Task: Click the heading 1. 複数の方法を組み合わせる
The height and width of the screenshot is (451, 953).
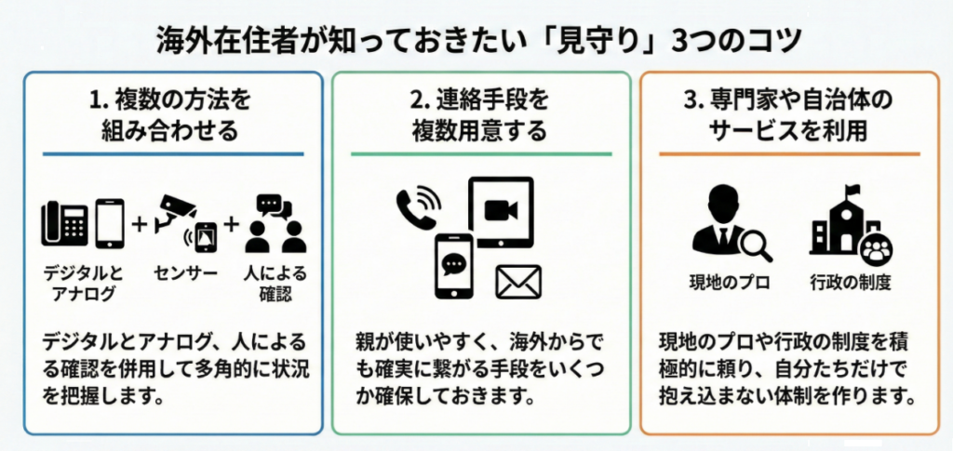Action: pos(173,114)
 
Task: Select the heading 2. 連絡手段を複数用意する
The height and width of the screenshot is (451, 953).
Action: pos(480,114)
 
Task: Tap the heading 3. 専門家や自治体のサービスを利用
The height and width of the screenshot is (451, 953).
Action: pos(788,114)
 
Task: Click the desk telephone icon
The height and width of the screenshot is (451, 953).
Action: pos(64,223)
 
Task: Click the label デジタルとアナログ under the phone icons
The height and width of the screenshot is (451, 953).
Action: pos(83,284)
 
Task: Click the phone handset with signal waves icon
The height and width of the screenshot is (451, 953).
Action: pos(418,206)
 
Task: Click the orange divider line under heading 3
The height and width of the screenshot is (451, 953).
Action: pos(788,153)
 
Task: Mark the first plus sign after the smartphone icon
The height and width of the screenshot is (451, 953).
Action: pos(140,224)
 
